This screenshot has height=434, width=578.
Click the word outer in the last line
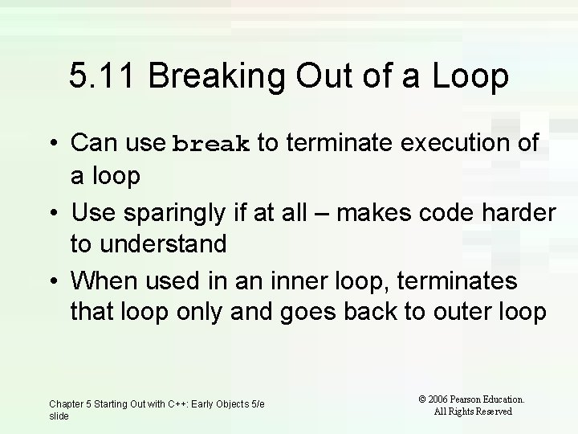click(x=437, y=311)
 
